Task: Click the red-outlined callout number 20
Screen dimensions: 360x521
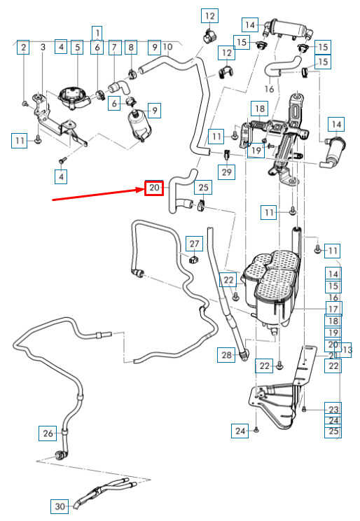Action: pyautogui.click(x=154, y=188)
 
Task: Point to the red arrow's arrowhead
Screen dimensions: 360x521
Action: pyautogui.click(x=139, y=190)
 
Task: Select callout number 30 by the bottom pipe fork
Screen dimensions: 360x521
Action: pyautogui.click(x=60, y=506)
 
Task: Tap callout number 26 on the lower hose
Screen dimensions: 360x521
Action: pyautogui.click(x=48, y=433)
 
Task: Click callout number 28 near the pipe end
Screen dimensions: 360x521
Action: pyautogui.click(x=226, y=355)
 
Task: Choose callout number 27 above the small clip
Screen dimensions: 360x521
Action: pyautogui.click(x=195, y=244)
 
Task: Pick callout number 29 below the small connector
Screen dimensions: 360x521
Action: pyautogui.click(x=227, y=172)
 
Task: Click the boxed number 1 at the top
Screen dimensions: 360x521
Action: pyautogui.click(x=97, y=33)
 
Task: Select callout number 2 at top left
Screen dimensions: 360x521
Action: pyautogui.click(x=23, y=47)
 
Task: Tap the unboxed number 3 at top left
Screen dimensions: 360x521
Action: pyautogui.click(x=43, y=47)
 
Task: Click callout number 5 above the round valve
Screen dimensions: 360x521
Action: pyautogui.click(x=78, y=47)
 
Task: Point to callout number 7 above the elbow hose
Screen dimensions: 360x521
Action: pyautogui.click(x=114, y=48)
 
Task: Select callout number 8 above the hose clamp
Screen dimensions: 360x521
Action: pyautogui.click(x=131, y=48)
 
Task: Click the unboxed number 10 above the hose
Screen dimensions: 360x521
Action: pyautogui.click(x=168, y=47)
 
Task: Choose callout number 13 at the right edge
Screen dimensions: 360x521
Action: pyautogui.click(x=347, y=350)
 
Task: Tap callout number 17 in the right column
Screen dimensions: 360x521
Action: pyautogui.click(x=333, y=309)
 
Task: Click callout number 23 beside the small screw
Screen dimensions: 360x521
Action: pyautogui.click(x=333, y=410)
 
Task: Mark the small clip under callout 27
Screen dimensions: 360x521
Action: pyautogui.click(x=194, y=260)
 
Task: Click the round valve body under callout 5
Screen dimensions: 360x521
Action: pyautogui.click(x=74, y=97)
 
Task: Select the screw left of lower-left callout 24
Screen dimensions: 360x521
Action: pyautogui.click(x=256, y=430)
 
